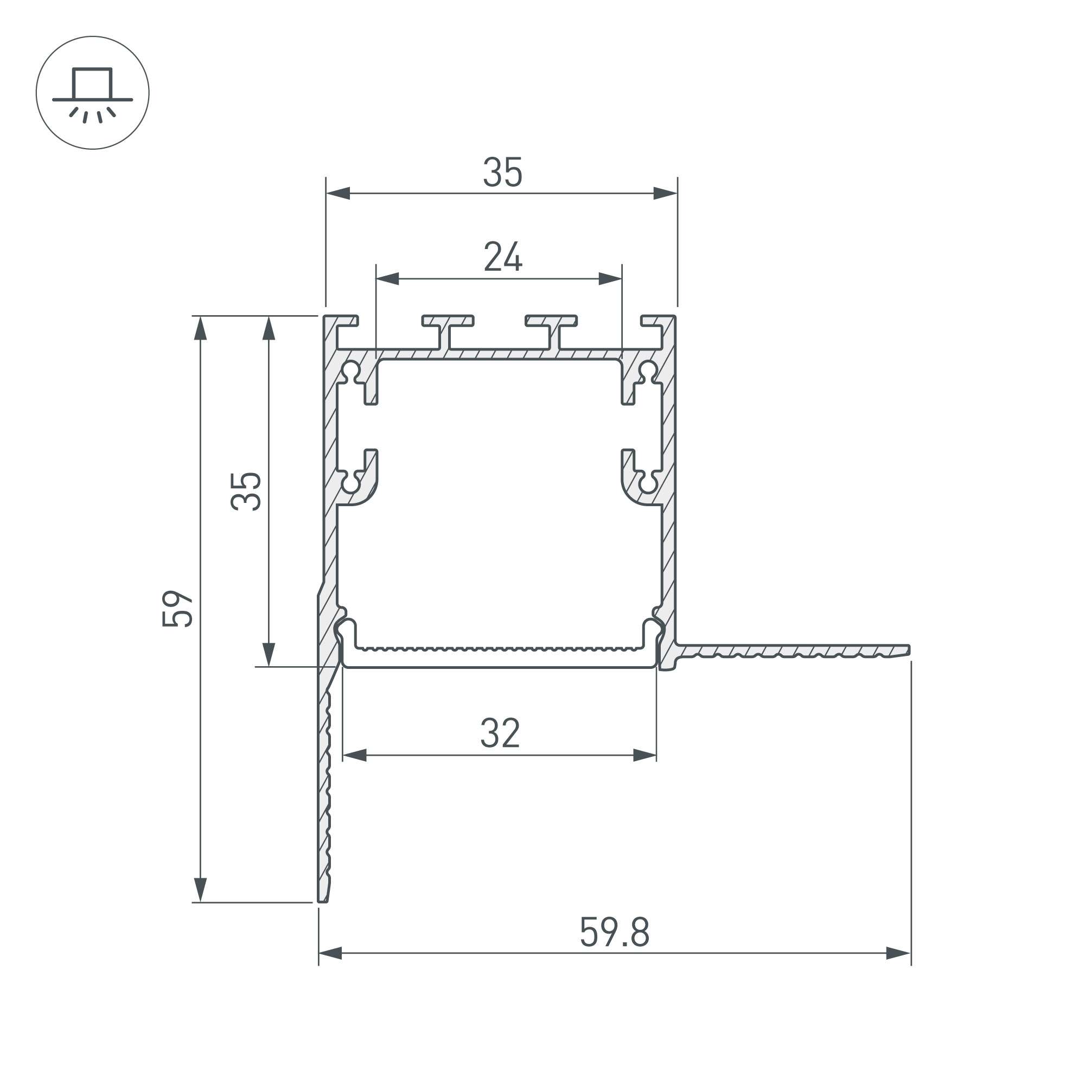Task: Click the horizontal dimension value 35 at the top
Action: [x=503, y=173]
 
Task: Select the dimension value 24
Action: [x=503, y=257]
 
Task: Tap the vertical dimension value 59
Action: [x=177, y=608]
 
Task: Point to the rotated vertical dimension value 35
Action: [x=246, y=492]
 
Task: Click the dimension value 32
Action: [x=500, y=733]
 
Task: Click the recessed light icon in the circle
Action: [x=93, y=94]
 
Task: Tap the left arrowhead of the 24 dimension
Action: [x=387, y=278]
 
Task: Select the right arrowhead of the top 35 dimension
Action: [x=666, y=193]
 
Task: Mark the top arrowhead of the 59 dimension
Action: [x=201, y=328]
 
